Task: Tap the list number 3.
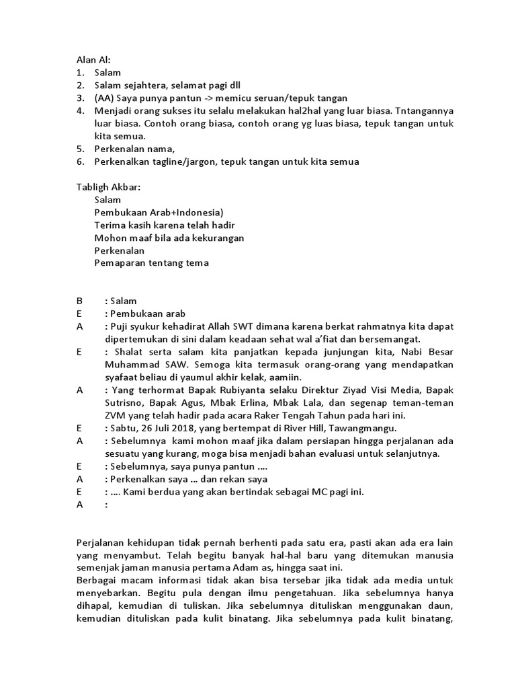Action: (x=79, y=98)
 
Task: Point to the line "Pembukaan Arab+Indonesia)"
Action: (x=154, y=212)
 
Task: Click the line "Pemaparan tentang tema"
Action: (x=151, y=262)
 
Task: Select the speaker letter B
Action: (x=79, y=301)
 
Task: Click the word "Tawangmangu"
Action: (x=366, y=427)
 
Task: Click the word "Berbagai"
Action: (x=97, y=581)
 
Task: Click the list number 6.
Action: (x=79, y=161)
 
